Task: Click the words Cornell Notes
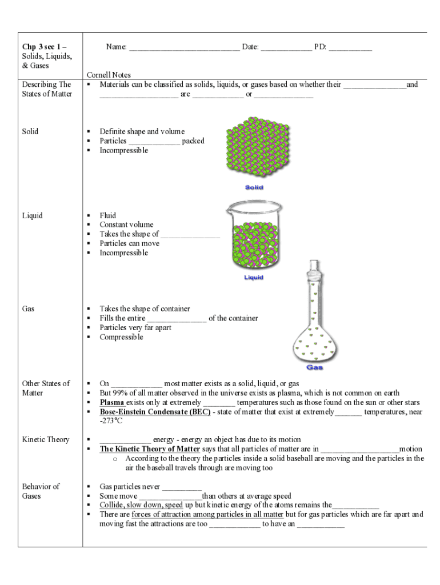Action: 109,75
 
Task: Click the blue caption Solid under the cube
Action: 254,187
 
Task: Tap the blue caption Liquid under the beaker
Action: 254,278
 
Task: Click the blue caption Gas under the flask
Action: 315,367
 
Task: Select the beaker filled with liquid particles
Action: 254,237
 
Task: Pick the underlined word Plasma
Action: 113,402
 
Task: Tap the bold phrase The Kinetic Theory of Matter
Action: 150,449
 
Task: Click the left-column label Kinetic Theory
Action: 46,439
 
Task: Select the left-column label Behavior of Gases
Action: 41,491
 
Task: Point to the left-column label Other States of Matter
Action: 46,388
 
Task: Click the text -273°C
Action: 111,421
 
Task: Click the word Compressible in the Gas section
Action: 121,337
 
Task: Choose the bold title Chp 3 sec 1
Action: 45,46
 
